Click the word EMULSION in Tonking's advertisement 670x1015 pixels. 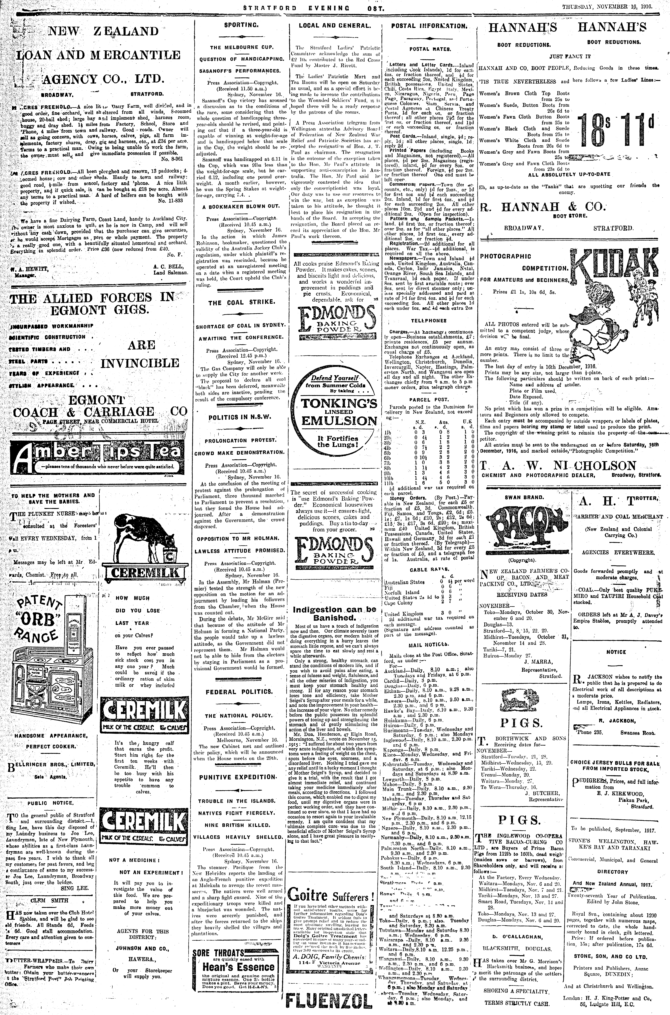[339, 421]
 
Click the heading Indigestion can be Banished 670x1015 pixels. [334, 613]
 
